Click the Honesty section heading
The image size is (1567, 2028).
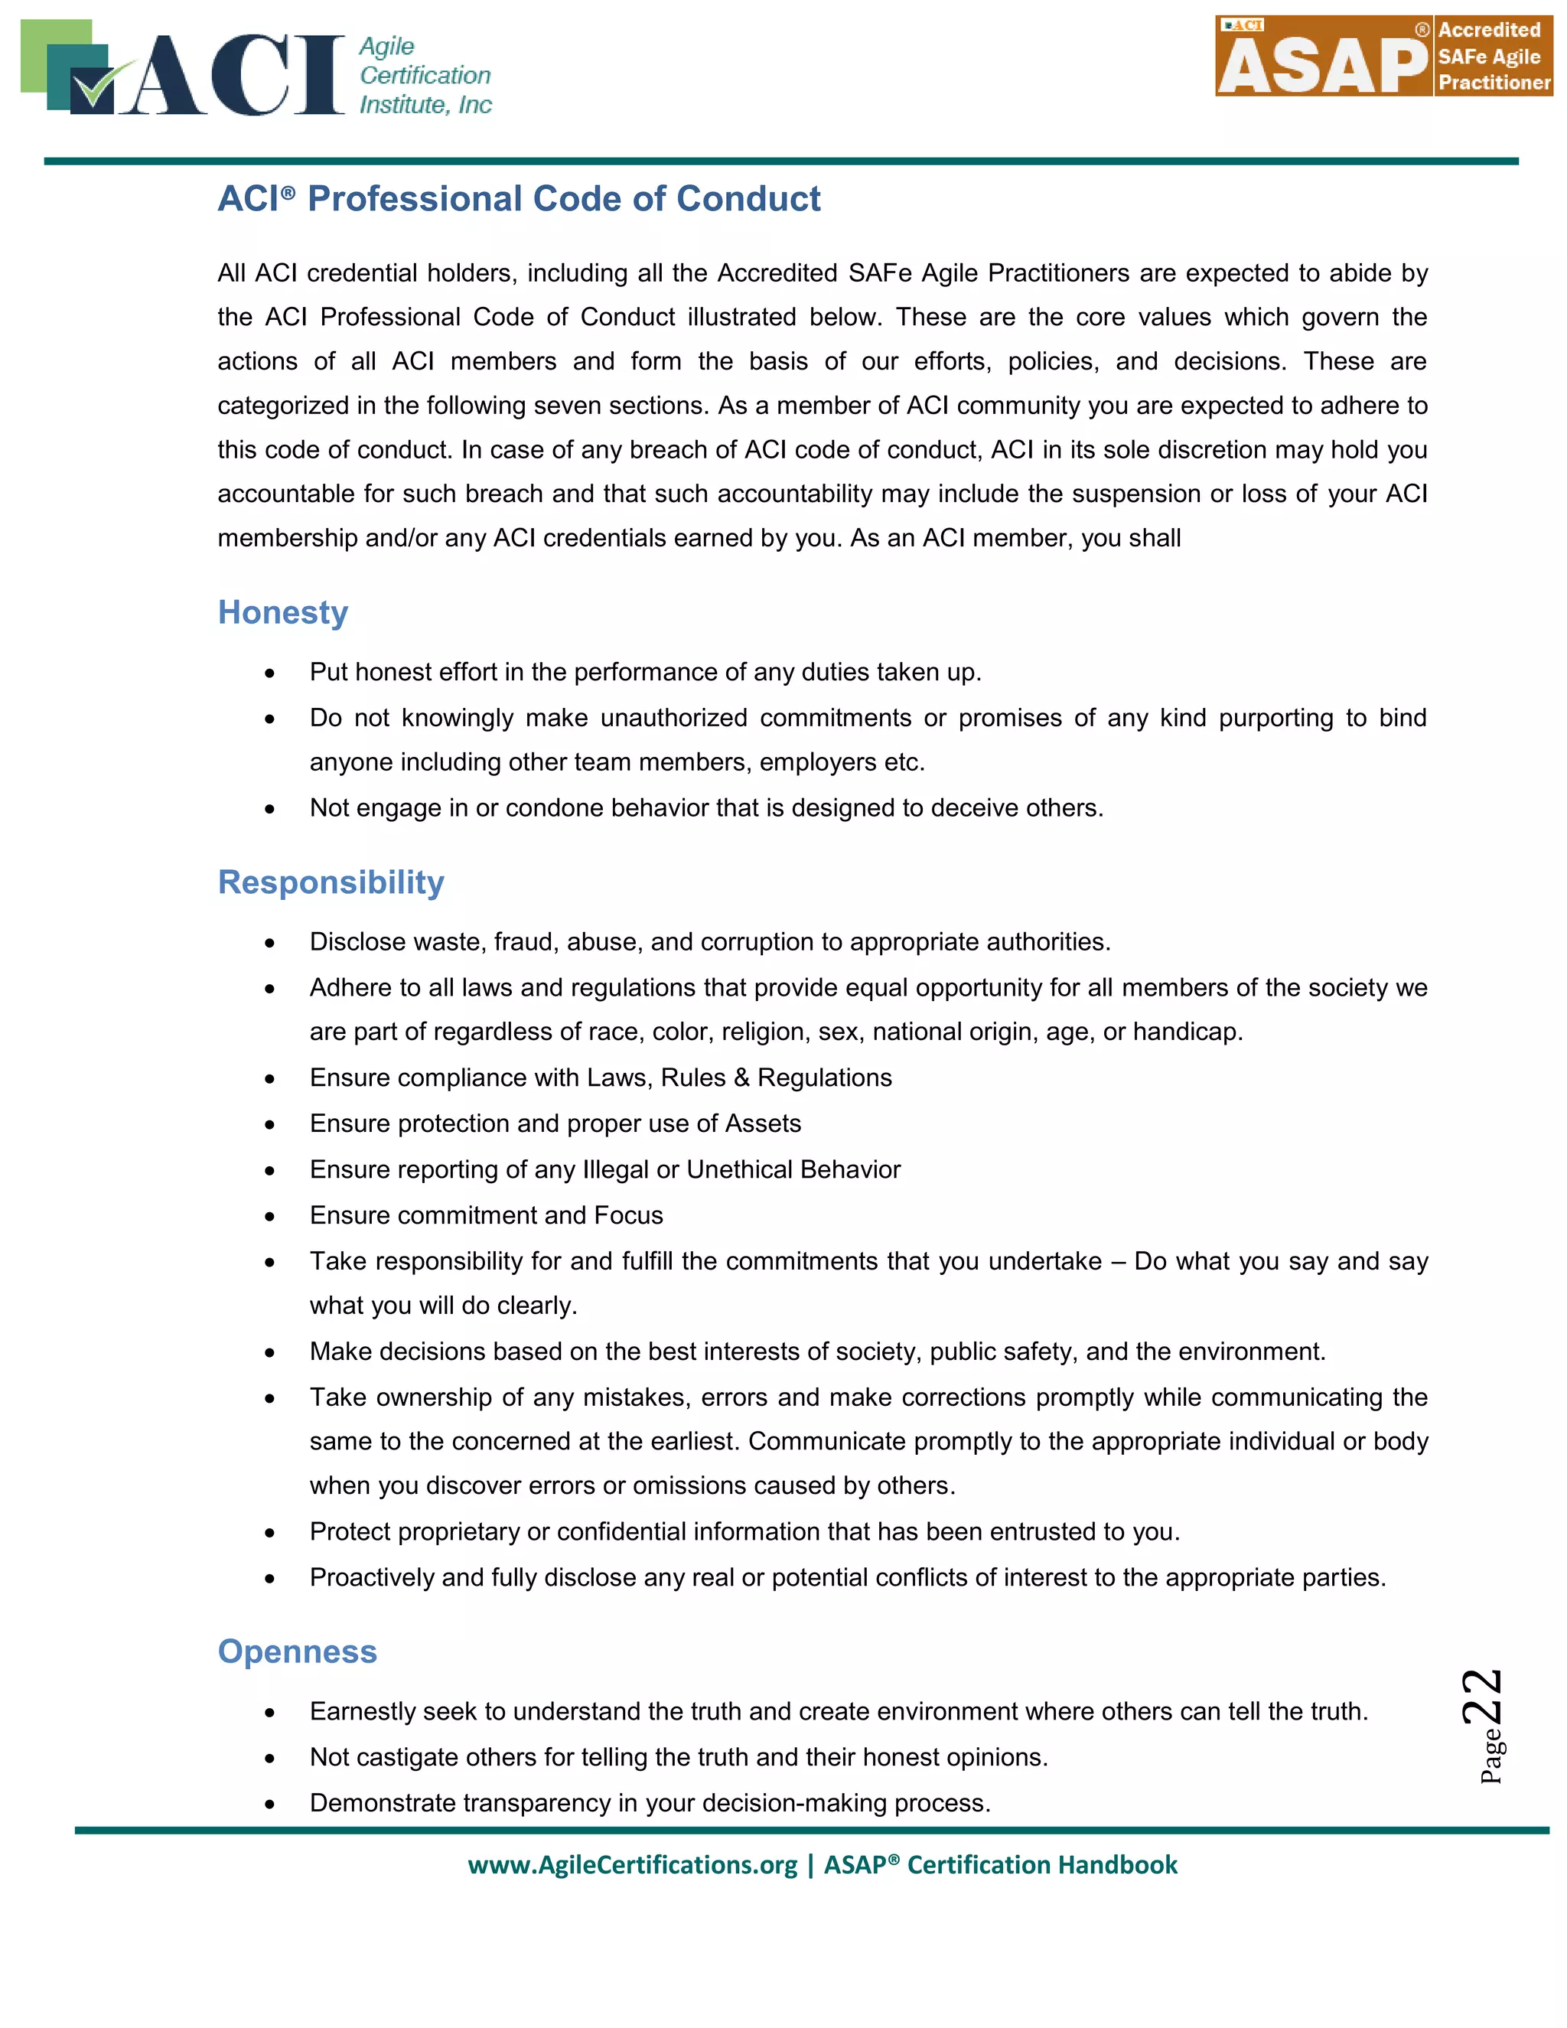[282, 613]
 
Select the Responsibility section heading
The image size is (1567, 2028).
[331, 882]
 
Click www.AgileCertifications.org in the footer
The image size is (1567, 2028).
[632, 1864]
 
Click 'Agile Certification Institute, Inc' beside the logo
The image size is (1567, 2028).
[424, 75]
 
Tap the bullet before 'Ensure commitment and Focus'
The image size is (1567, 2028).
[269, 1217]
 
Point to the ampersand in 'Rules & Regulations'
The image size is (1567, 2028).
[741, 1078]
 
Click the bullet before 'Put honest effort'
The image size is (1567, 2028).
[269, 673]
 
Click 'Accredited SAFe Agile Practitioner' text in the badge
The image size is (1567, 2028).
[1493, 57]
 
